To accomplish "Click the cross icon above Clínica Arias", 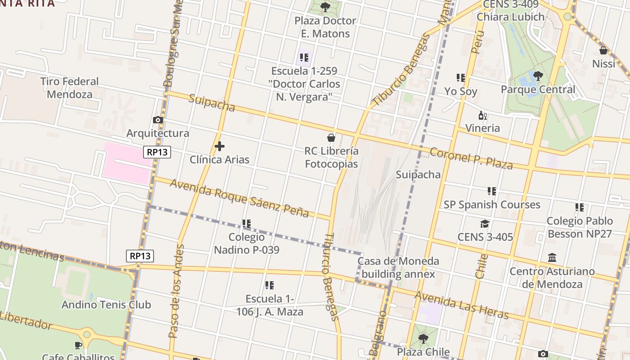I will click(x=220, y=146).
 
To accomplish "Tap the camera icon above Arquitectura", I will click(x=157, y=120).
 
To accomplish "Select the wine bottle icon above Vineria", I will click(x=482, y=115).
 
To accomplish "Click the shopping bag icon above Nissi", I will click(x=603, y=50).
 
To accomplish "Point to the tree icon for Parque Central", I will click(x=538, y=76).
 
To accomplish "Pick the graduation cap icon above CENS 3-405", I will click(x=485, y=224).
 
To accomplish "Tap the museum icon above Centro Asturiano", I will click(x=552, y=258).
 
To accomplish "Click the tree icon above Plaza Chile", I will click(x=423, y=338).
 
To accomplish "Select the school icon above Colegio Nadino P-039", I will click(x=246, y=223).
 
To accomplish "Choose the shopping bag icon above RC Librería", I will click(x=331, y=137).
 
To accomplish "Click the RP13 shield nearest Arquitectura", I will click(x=157, y=152).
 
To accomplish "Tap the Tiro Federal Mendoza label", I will click(x=69, y=88).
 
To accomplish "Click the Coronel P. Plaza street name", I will click(x=471, y=158).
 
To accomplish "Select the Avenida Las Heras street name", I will click(x=462, y=305).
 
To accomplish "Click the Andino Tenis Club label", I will click(x=106, y=305).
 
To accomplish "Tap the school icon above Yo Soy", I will click(x=460, y=78).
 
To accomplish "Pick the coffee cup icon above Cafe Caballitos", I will click(x=78, y=345).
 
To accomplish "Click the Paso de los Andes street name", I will click(x=176, y=291).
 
